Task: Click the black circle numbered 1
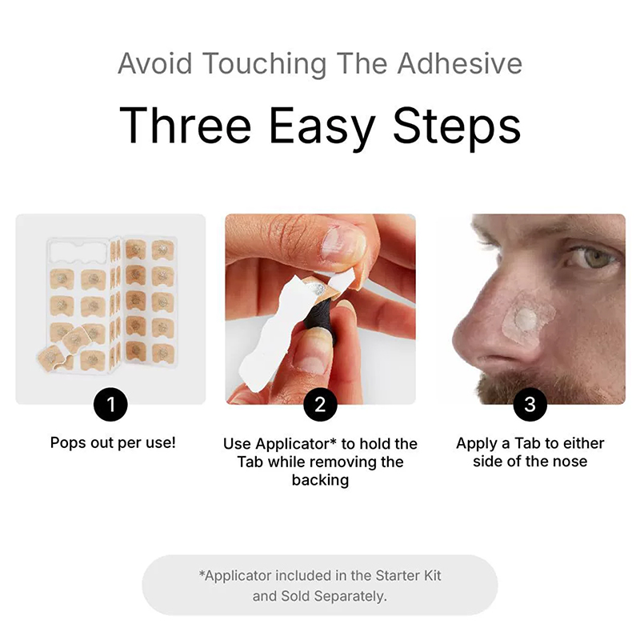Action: click(x=110, y=405)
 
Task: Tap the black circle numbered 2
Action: click(x=321, y=405)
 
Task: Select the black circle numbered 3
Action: click(x=530, y=405)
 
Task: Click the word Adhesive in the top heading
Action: click(x=460, y=64)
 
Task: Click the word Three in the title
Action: click(x=185, y=126)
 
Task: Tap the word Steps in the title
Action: click(x=457, y=126)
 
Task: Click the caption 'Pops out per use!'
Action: click(x=113, y=442)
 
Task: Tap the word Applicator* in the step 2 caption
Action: click(x=297, y=444)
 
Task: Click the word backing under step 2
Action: click(x=321, y=481)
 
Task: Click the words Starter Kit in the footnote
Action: click(x=408, y=575)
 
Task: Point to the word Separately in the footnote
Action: click(x=350, y=596)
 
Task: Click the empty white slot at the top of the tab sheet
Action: click(x=79, y=251)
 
